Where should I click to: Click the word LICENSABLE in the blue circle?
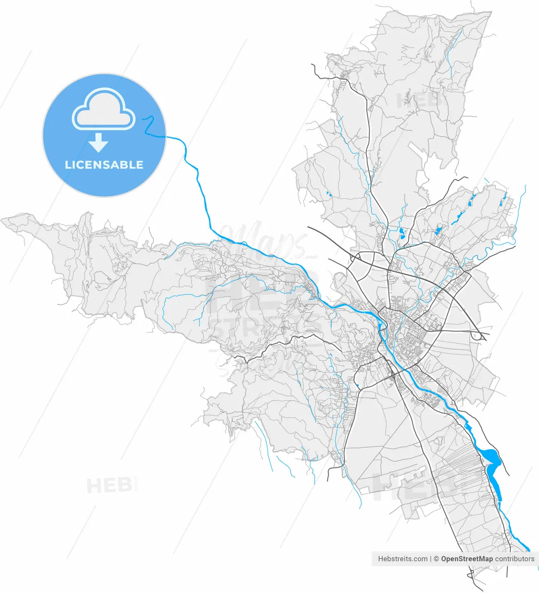pyautogui.click(x=104, y=165)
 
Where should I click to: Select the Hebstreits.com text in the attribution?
pyautogui.click(x=402, y=559)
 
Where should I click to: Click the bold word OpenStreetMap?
pyautogui.click(x=467, y=559)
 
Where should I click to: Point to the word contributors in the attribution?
pyautogui.click(x=514, y=559)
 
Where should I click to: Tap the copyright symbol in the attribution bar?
pyautogui.click(x=436, y=559)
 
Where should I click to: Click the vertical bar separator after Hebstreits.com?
pyautogui.click(x=431, y=559)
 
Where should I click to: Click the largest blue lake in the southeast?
pyautogui.click(x=493, y=464)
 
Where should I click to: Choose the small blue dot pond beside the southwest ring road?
pyautogui.click(x=357, y=385)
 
